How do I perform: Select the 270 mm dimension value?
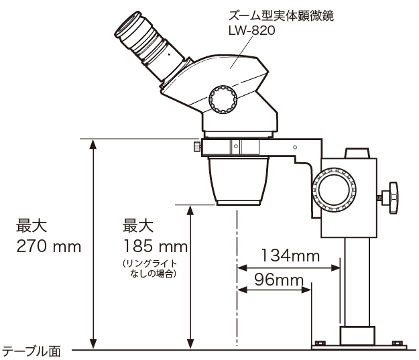(x=48, y=246)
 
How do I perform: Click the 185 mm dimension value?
(x=155, y=246)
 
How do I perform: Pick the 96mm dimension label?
(x=276, y=280)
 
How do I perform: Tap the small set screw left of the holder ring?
(x=195, y=146)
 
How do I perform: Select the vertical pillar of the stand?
(x=358, y=282)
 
